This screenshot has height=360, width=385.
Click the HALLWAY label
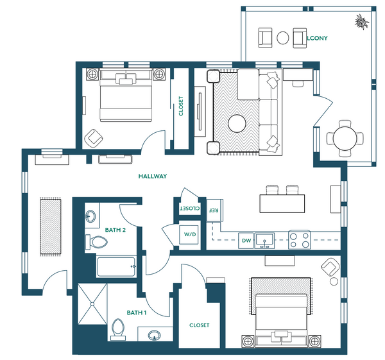[153, 176]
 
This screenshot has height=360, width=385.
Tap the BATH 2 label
[115, 230]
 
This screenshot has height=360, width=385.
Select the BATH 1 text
[137, 313]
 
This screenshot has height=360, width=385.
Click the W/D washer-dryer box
[190, 234]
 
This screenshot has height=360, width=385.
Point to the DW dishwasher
[246, 241]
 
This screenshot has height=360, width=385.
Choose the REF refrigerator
[214, 210]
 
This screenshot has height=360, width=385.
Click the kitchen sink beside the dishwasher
[264, 241]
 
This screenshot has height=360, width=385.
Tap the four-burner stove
[299, 240]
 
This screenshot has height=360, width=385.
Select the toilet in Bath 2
[96, 242]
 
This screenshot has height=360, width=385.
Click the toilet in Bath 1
[118, 330]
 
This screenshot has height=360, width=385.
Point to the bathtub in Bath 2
[116, 266]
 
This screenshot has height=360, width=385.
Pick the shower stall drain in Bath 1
[92, 304]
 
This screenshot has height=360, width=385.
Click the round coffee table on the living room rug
[237, 123]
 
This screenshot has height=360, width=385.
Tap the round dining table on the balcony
[345, 139]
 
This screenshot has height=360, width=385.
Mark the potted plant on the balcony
[362, 22]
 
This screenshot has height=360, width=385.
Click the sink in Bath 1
[155, 335]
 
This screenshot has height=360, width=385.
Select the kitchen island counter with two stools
[282, 203]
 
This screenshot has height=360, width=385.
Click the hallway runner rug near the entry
[51, 227]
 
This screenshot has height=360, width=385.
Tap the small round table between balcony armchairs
[283, 38]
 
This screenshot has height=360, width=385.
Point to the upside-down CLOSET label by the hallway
[190, 209]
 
